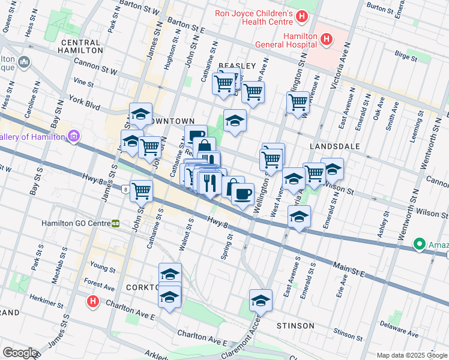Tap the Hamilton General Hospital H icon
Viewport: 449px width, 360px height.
point(326,40)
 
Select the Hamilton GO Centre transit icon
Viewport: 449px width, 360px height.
point(115,223)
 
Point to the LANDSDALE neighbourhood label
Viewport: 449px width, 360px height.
point(334,146)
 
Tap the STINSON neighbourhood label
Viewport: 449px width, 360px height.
point(295,326)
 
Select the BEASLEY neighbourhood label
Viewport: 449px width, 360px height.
point(237,65)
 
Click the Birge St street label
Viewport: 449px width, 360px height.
point(406,58)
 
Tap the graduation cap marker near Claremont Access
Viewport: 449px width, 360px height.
point(261,299)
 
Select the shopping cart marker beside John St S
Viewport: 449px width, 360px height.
point(141,191)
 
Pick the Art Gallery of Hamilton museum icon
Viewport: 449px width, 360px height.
point(74,137)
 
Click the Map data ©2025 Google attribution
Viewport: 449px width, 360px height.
point(412,355)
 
